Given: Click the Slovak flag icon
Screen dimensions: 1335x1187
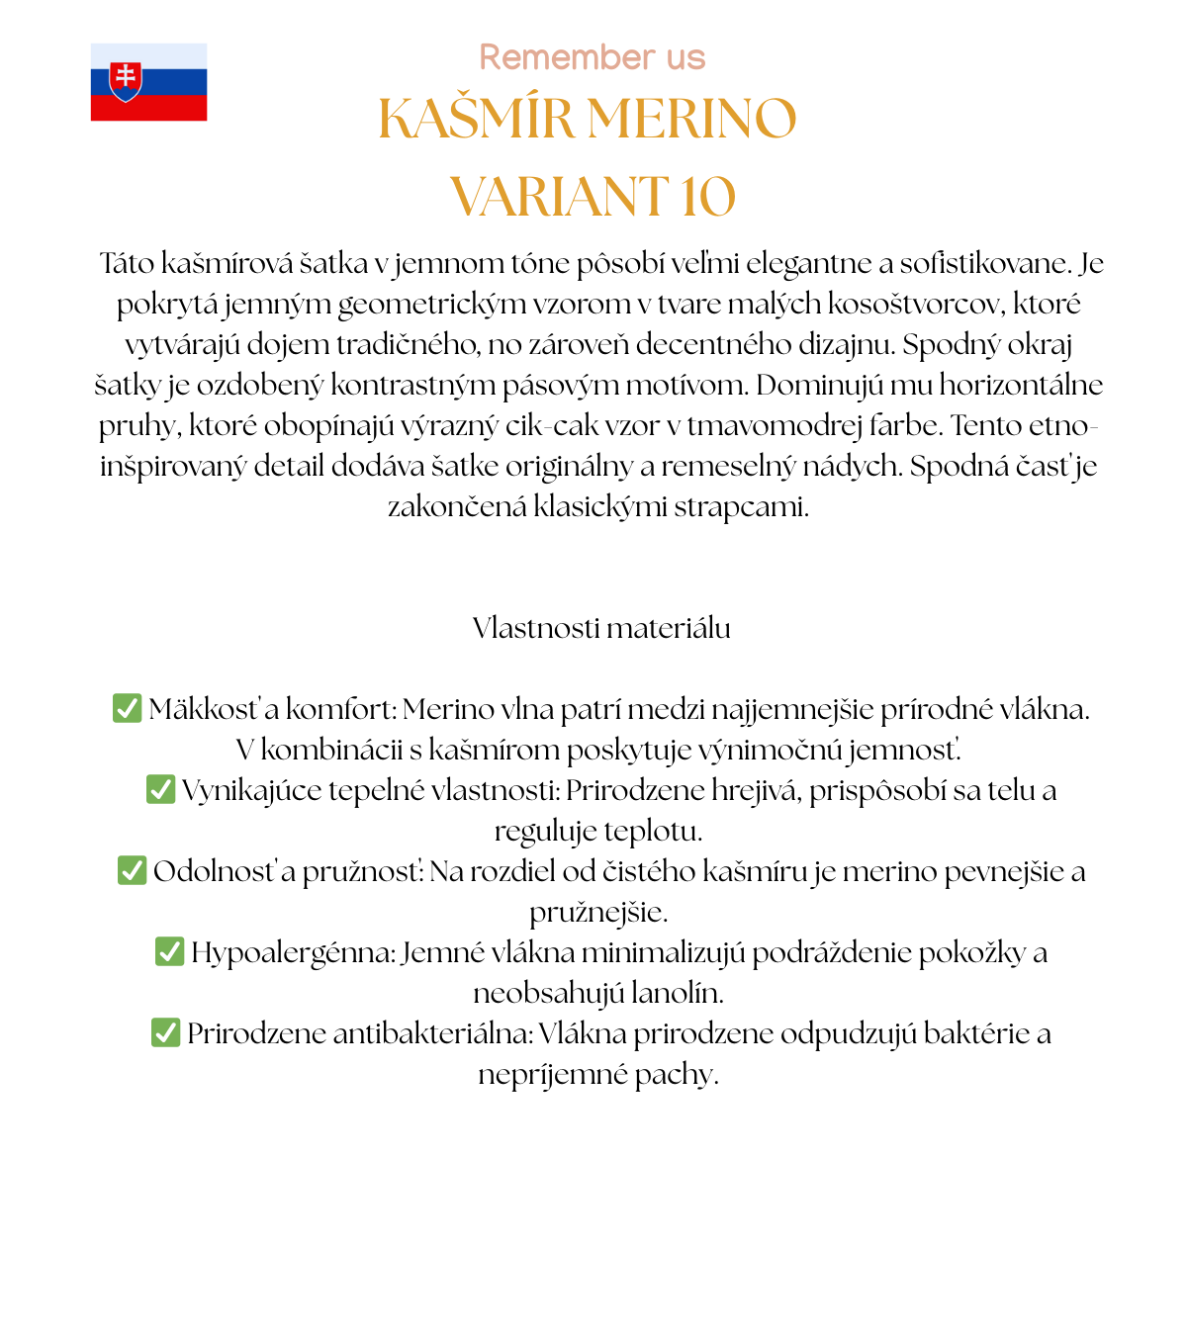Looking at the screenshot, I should tap(148, 82).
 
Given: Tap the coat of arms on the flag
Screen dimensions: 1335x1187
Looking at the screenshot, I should tap(126, 80).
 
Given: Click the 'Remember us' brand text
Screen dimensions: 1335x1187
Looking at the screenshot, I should tap(592, 57).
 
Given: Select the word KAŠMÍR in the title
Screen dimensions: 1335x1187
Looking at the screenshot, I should tap(477, 119).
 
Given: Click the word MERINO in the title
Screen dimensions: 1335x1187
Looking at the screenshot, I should tap(691, 119).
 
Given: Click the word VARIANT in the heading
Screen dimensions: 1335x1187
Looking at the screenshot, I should tap(560, 196).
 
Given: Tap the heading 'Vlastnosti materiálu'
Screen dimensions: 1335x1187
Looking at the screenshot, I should tap(601, 628).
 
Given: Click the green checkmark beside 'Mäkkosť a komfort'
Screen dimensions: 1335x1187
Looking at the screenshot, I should tap(127, 708).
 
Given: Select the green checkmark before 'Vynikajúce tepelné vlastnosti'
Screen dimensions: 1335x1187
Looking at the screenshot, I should tap(160, 789).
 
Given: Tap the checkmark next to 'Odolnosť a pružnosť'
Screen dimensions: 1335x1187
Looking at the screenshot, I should tap(132, 870).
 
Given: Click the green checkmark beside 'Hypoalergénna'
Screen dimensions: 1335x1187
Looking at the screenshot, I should tap(169, 951).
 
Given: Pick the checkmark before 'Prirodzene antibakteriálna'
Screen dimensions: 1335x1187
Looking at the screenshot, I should tap(165, 1032).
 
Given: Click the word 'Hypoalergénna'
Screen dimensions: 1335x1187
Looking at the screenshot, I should tap(293, 952).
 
